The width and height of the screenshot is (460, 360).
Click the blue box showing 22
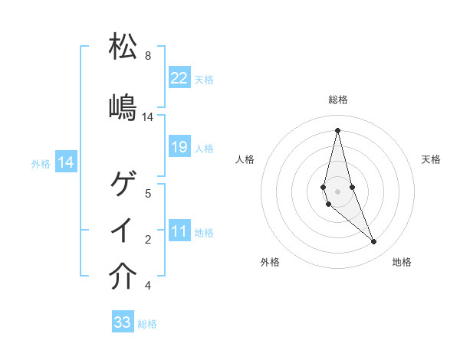(179, 77)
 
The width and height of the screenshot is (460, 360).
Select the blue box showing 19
(179, 147)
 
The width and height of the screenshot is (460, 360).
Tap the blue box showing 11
(179, 231)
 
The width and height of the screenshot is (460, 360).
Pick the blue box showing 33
(123, 322)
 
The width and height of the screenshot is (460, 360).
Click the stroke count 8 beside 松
(148, 56)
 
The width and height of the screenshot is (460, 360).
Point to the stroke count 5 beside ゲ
(148, 194)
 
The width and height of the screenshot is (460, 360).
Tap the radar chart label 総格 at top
(338, 100)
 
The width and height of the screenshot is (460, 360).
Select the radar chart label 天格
(431, 159)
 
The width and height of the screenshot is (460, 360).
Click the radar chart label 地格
(402, 262)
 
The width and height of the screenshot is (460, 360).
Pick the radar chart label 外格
(270, 262)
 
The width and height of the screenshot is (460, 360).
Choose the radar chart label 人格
(245, 159)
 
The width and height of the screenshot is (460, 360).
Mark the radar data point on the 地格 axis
(374, 242)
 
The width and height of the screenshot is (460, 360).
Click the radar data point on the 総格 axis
(337, 129)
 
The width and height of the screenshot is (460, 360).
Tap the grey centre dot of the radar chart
(337, 191)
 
